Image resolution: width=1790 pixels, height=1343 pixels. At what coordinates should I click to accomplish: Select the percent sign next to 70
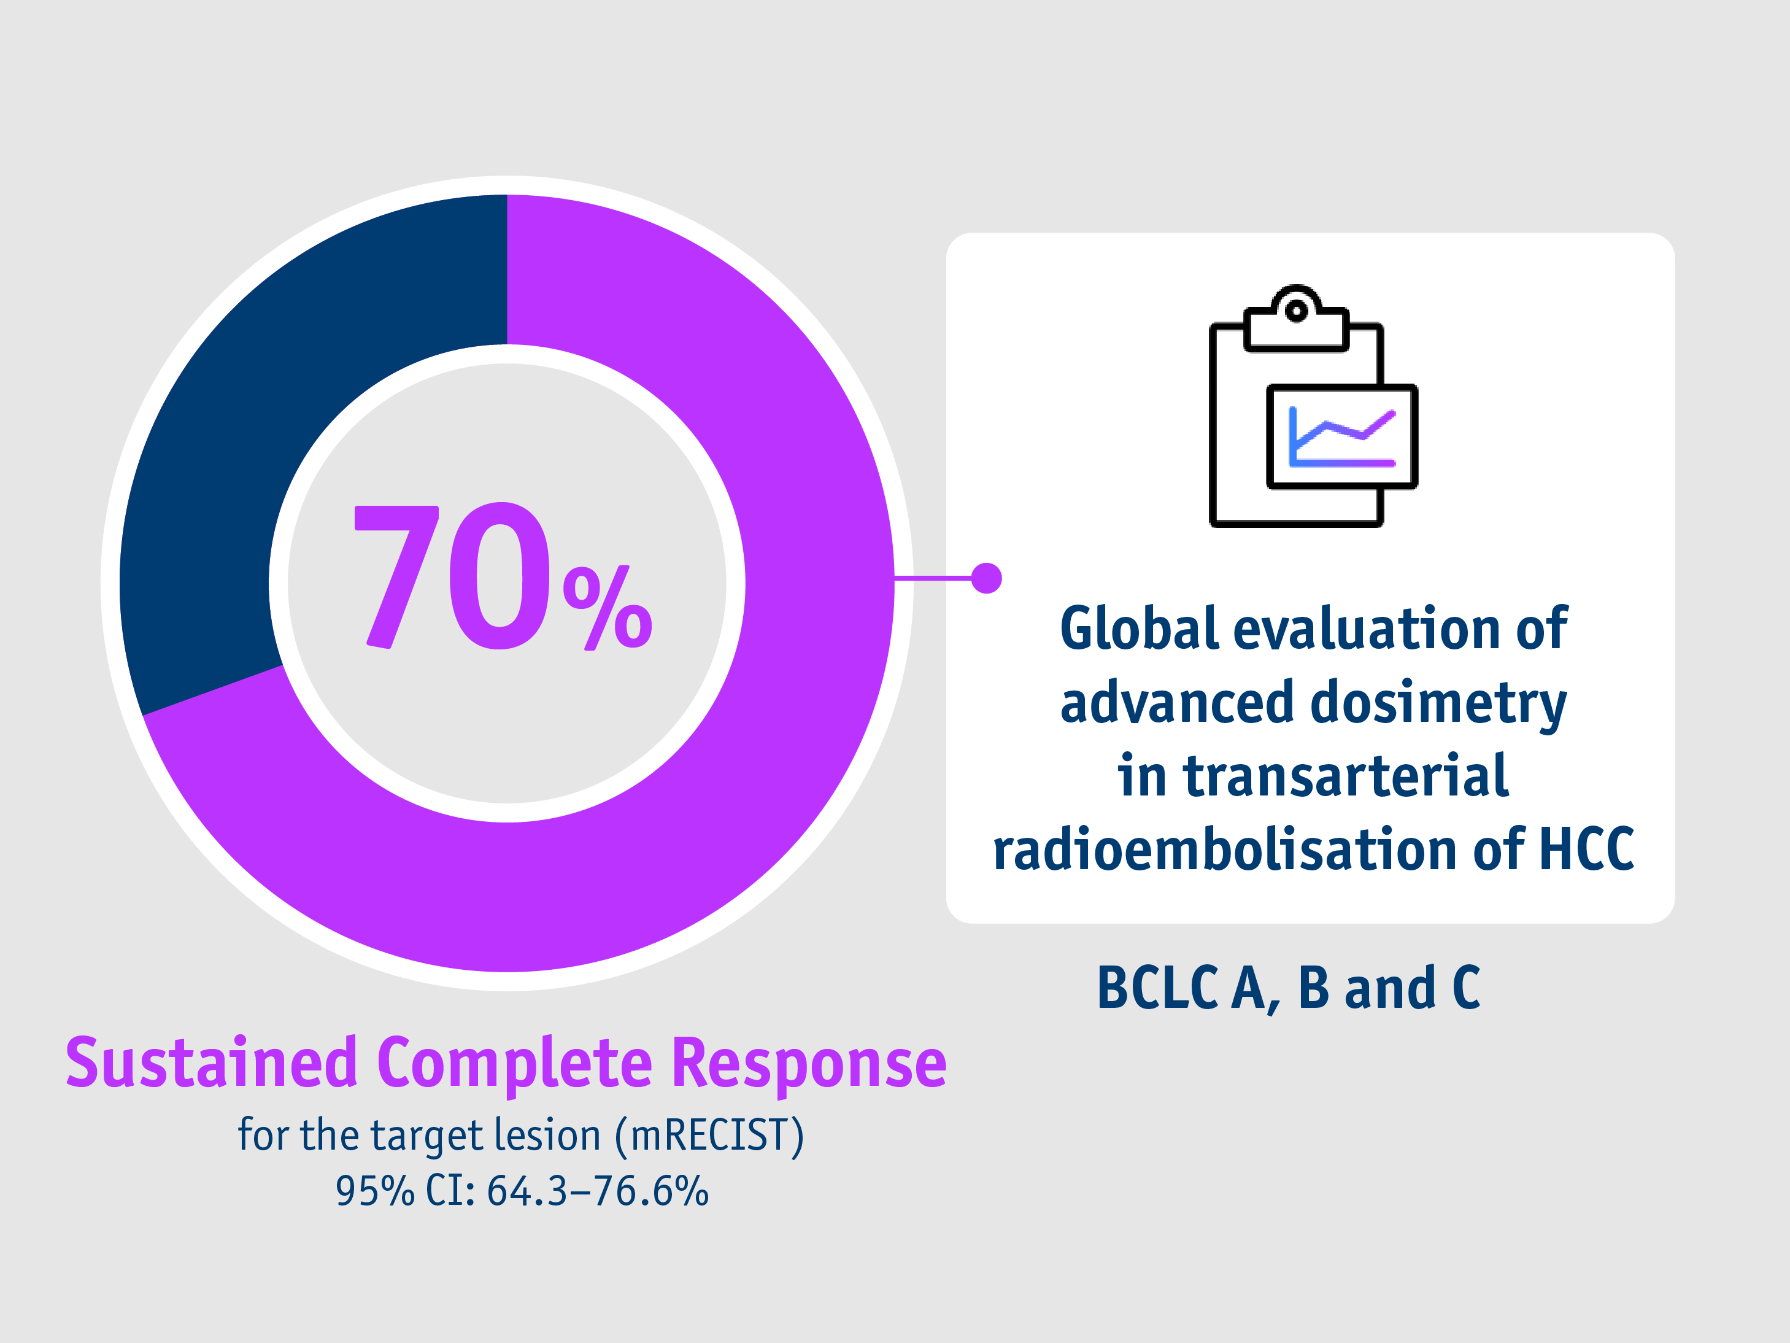click(607, 607)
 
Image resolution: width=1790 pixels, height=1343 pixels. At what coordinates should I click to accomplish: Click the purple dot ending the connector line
click(987, 578)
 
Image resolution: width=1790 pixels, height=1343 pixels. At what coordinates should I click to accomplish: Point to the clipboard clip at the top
click(1297, 320)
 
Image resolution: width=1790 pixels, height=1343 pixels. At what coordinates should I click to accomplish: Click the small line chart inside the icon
click(1341, 436)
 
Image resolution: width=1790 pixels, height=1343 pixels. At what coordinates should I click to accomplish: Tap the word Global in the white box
click(1138, 629)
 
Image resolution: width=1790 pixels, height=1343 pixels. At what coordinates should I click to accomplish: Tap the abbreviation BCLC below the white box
click(1157, 988)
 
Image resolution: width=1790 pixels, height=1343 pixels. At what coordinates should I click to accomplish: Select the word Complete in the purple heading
click(515, 1063)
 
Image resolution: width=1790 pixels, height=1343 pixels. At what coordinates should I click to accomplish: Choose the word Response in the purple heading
click(809, 1063)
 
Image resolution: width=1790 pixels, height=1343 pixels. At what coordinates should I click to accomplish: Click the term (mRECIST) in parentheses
click(710, 1135)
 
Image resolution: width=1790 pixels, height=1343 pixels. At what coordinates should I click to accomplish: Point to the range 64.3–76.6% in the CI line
click(597, 1191)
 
